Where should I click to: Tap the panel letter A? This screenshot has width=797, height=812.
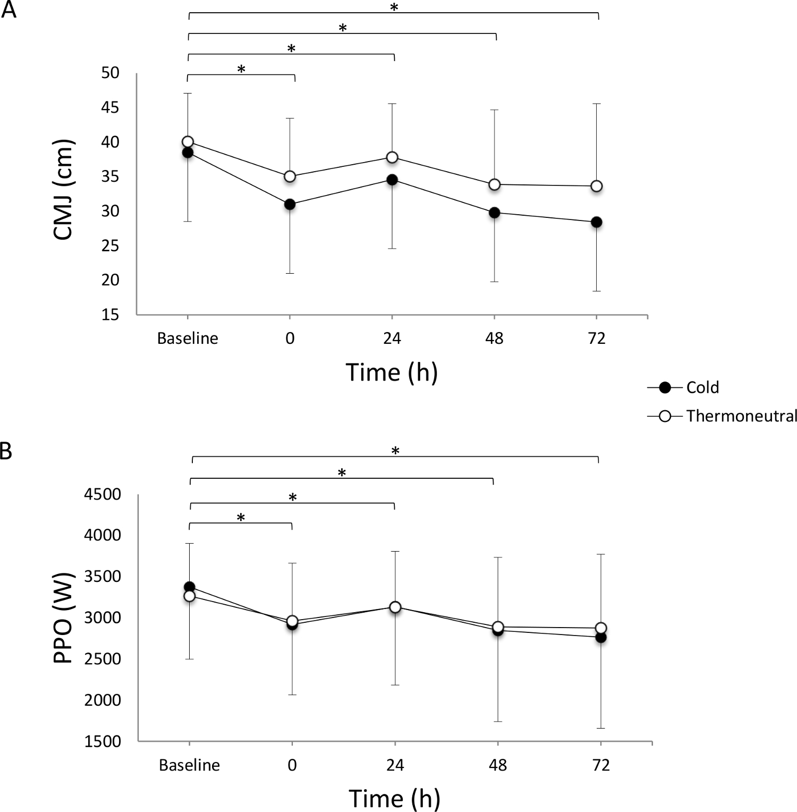click(9, 10)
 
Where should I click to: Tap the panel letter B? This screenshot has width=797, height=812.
click(6, 451)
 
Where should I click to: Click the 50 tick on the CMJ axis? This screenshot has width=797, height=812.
click(110, 73)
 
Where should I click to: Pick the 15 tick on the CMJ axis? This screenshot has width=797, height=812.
click(110, 315)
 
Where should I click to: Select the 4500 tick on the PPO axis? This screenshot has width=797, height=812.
click(103, 495)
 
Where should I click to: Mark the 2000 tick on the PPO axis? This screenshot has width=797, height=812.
click(103, 700)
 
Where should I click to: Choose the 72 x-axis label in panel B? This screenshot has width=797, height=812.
click(600, 765)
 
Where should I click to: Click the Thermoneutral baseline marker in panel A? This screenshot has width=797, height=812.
click(188, 141)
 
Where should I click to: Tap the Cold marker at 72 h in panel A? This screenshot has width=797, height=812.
click(597, 222)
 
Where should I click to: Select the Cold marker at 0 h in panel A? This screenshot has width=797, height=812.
click(290, 204)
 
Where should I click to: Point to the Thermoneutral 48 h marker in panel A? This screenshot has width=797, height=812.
click(495, 184)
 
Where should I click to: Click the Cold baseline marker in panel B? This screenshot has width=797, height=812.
click(189, 587)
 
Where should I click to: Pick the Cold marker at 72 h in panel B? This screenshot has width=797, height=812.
click(601, 637)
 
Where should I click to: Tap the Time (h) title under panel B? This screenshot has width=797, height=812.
click(394, 798)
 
